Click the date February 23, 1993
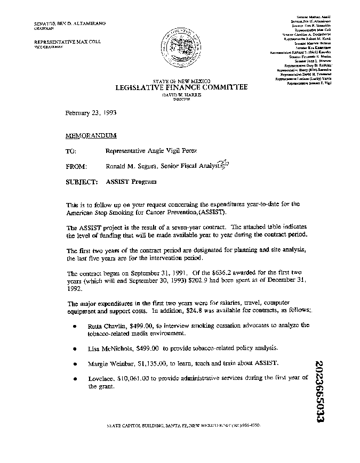(87, 113)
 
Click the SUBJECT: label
(81, 182)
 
